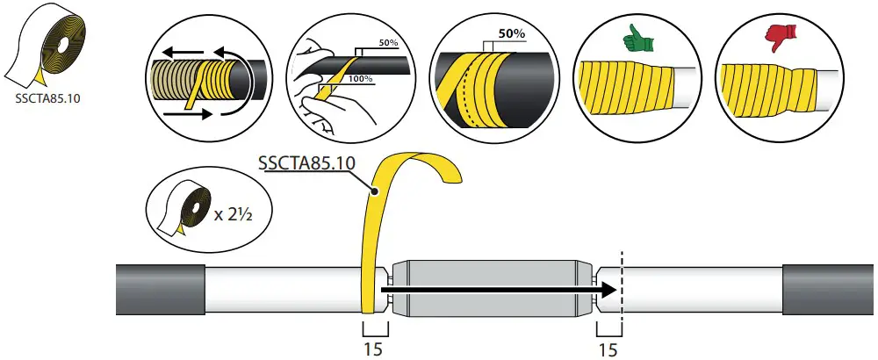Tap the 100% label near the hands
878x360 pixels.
361,79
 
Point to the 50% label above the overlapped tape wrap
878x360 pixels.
510,35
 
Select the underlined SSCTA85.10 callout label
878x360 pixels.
300,162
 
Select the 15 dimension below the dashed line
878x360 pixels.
608,349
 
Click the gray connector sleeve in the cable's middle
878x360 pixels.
492,289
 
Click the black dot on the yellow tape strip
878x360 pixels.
375,190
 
